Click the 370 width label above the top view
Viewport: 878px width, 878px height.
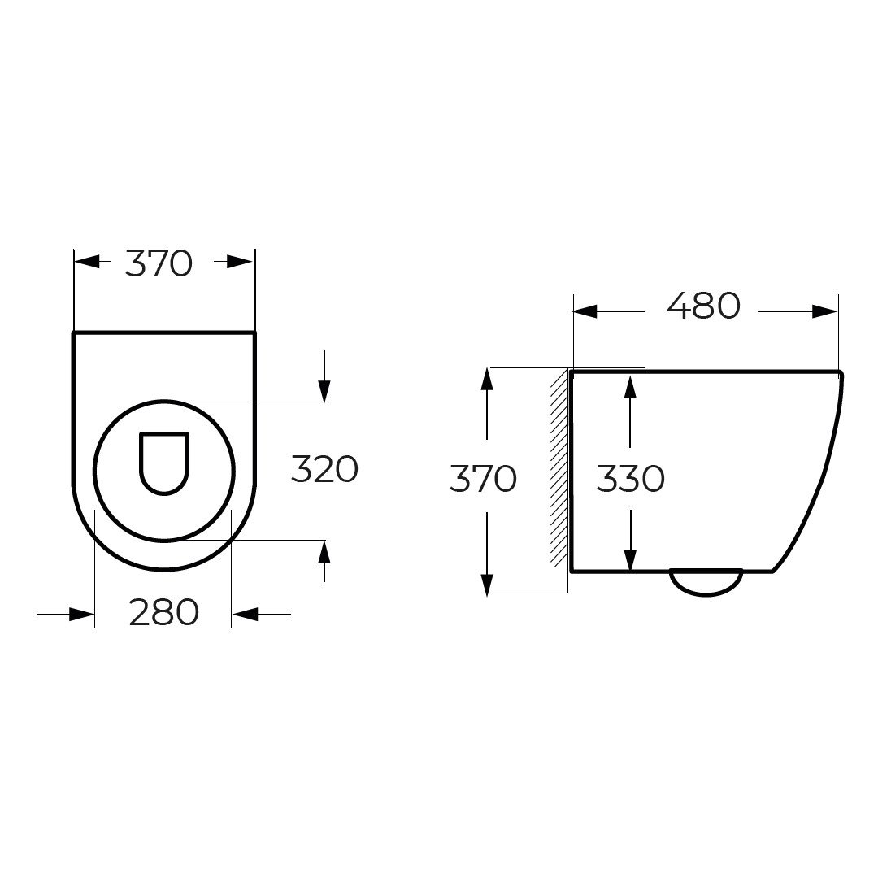(x=159, y=263)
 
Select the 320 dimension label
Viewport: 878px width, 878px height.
(x=324, y=469)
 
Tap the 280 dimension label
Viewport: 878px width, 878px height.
(x=164, y=612)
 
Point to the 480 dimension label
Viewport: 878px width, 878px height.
(x=704, y=306)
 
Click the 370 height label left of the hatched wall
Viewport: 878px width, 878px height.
(x=483, y=479)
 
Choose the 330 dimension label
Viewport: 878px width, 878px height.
(x=631, y=479)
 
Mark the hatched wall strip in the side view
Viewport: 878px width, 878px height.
(x=559, y=468)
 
